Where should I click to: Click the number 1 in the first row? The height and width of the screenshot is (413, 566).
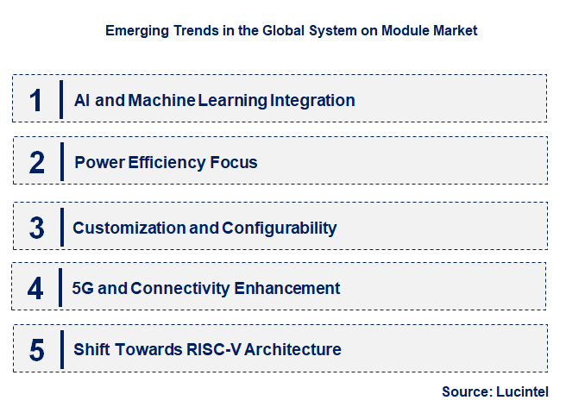[x=35, y=100]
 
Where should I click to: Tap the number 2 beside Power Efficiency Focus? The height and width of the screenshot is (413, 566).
[x=36, y=162]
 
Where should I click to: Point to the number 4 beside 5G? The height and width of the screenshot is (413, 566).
[x=35, y=288]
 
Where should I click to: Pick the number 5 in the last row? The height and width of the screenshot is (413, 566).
[x=36, y=350]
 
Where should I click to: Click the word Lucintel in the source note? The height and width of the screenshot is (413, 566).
[x=523, y=391]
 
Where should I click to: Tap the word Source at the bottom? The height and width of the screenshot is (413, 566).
[x=467, y=391]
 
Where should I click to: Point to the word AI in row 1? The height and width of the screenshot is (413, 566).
[x=82, y=100]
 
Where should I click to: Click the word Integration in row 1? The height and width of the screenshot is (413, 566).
[x=312, y=100]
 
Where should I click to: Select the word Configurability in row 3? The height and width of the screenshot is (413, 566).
[x=279, y=228]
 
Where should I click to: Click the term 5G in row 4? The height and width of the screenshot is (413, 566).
[x=84, y=288]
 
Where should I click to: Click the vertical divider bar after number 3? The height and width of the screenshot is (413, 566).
[x=62, y=227]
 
